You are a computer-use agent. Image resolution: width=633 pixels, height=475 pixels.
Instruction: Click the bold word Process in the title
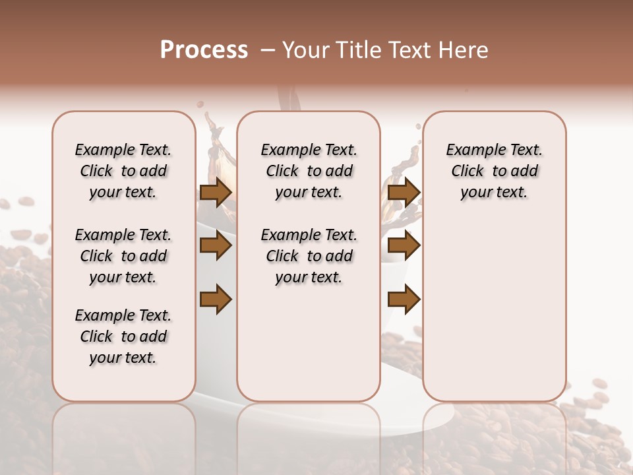click(x=204, y=50)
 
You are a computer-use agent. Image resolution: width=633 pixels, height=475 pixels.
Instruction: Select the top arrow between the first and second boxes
click(x=216, y=192)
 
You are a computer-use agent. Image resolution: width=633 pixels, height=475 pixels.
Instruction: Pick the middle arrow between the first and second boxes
click(x=216, y=245)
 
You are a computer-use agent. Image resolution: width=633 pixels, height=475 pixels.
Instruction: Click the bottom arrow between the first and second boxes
click(x=216, y=300)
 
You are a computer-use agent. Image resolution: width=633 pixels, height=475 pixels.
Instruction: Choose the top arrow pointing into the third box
click(x=404, y=192)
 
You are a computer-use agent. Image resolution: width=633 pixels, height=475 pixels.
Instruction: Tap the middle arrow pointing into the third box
click(x=404, y=245)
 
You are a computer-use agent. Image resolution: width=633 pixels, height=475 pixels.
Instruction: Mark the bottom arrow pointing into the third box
click(x=404, y=300)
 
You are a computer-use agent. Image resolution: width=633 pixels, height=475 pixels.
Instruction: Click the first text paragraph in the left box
click(x=123, y=171)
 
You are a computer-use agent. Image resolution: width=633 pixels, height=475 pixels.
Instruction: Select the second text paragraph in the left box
click(x=123, y=256)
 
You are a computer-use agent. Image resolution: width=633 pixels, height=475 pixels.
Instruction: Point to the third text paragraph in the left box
click(x=123, y=336)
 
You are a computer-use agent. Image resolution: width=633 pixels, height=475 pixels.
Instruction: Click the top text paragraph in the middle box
click(x=309, y=171)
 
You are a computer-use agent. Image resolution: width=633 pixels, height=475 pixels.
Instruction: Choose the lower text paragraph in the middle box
click(x=309, y=256)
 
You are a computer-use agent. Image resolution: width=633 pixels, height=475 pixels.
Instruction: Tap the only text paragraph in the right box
click(x=494, y=171)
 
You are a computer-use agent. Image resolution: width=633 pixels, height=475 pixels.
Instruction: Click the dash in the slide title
click(x=268, y=50)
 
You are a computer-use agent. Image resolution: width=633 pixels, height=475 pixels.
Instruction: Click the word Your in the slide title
click(x=304, y=50)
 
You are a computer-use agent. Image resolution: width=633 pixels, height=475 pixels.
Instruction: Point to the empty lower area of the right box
click(x=494, y=310)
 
